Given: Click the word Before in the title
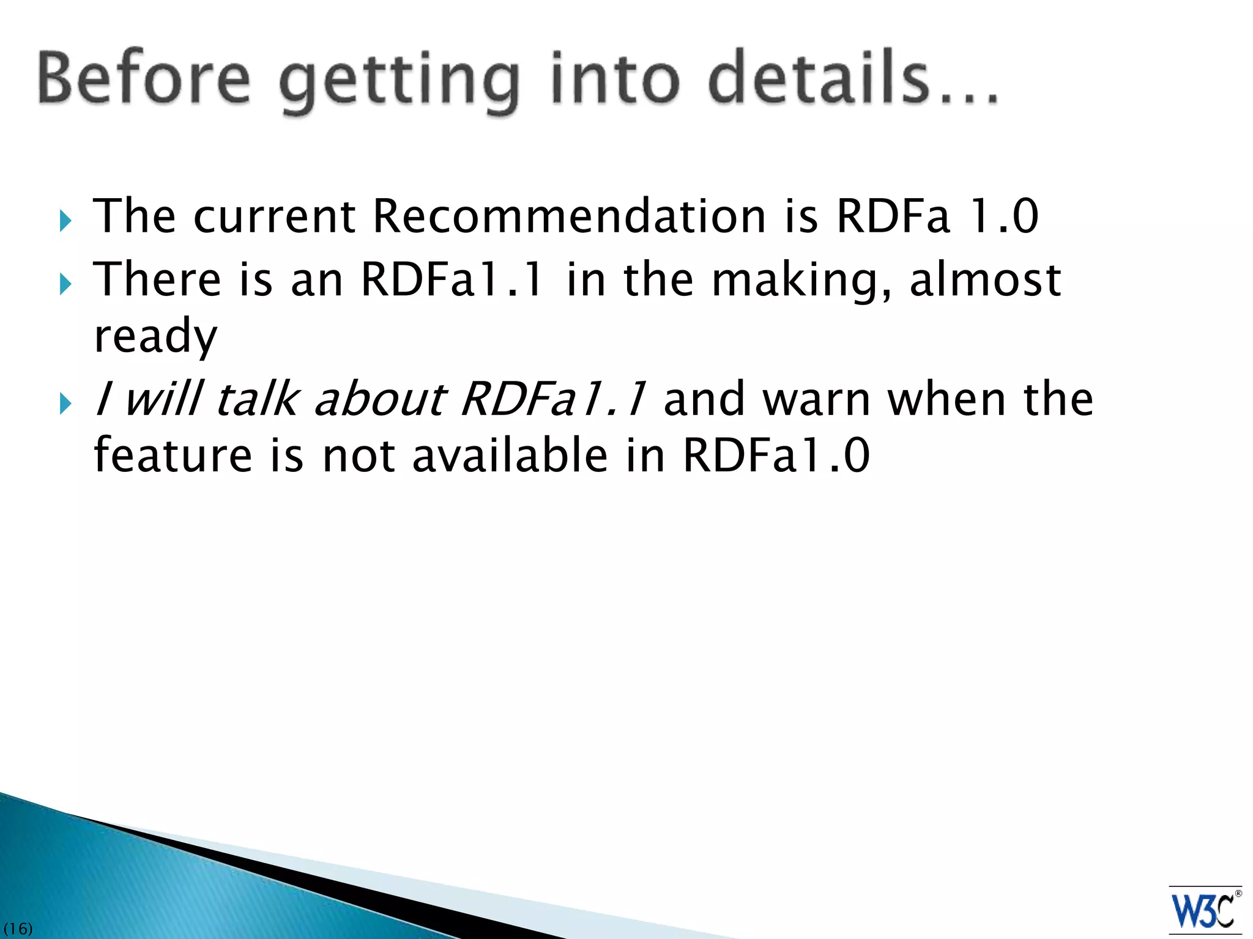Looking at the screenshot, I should coord(144,79).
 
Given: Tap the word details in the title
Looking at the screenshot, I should coord(820,79).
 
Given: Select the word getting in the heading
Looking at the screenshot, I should coord(400,83).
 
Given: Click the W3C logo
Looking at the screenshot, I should coord(1205,910).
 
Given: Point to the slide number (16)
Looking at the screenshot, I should coord(18,929).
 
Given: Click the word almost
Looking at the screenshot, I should coord(985,279).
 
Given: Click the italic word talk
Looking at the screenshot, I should coord(257,399).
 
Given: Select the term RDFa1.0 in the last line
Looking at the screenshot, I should coord(776,455).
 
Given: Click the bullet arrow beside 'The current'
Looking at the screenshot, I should coord(66,221).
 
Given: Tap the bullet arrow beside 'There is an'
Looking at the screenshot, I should coord(66,284).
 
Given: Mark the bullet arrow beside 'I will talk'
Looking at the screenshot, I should coord(66,404).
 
